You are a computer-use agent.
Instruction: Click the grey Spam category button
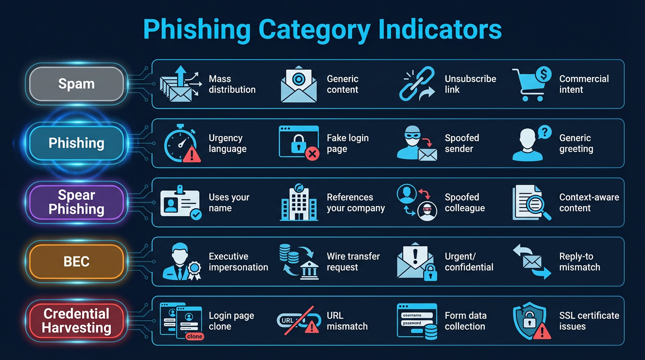coord(76,84)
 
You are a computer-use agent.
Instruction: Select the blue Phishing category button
coord(76,143)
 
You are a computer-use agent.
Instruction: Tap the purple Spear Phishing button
coord(76,202)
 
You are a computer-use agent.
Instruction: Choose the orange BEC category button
coord(76,262)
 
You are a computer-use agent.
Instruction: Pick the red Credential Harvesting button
coord(76,321)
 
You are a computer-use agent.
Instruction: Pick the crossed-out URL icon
coord(296,321)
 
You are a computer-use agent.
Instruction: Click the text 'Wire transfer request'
coord(353,262)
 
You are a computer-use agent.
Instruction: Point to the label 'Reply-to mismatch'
coord(579,262)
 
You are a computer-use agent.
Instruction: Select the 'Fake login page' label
coord(347,143)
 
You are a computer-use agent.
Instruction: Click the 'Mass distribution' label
coord(232,84)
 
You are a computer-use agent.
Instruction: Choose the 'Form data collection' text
coord(465,321)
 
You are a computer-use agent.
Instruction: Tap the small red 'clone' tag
coord(194,336)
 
